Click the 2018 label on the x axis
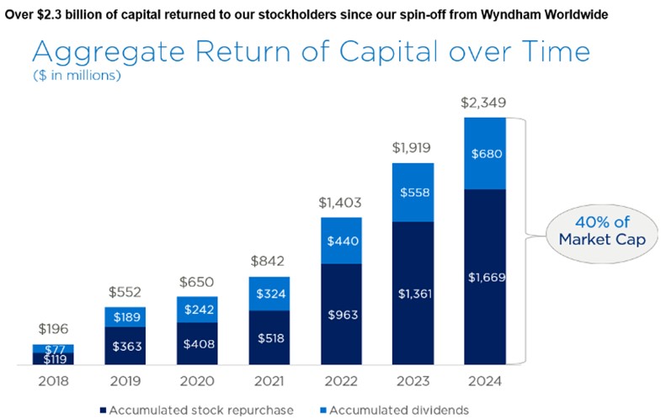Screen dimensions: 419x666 [53, 381]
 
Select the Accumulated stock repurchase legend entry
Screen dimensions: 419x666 [197, 409]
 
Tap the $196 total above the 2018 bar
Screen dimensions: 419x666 [53, 330]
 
